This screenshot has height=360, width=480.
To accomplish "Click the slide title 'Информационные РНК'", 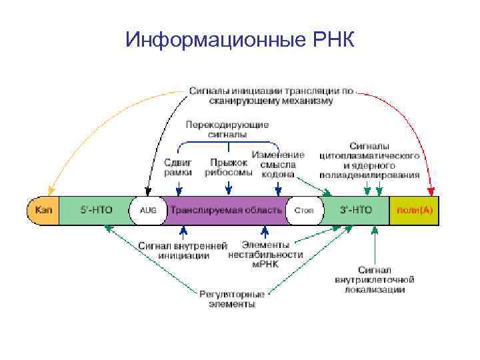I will (239, 41).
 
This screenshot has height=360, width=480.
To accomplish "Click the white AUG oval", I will (147, 210).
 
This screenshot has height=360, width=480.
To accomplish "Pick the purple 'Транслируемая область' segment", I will (227, 210).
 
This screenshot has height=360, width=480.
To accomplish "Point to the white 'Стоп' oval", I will (304, 210).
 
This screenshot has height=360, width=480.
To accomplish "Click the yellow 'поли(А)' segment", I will (414, 210).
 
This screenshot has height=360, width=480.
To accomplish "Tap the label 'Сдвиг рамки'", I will (178, 167).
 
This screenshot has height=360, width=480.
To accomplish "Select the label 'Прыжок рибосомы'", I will (229, 167).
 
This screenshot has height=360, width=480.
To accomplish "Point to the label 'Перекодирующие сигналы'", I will (227, 129).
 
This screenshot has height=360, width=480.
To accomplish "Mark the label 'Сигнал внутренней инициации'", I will (183, 250).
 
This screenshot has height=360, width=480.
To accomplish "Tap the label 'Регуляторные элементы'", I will (232, 298).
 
